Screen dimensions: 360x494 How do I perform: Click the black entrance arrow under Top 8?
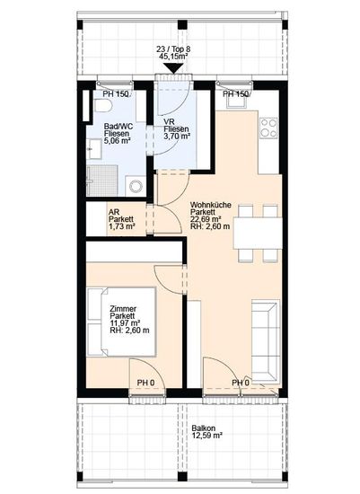[x=173, y=68]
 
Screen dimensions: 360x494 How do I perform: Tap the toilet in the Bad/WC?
[x=102, y=105]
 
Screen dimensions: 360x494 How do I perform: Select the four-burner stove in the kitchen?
[x=268, y=128]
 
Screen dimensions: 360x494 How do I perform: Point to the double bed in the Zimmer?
[x=121, y=322]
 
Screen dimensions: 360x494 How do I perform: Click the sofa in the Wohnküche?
[x=266, y=341]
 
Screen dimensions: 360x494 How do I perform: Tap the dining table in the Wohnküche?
[x=258, y=234]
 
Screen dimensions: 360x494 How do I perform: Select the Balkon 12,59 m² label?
[x=207, y=432]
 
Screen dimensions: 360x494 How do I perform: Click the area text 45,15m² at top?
[x=173, y=56]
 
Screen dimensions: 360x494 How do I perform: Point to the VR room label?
[x=176, y=128]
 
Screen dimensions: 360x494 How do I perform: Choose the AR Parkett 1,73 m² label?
[x=121, y=219]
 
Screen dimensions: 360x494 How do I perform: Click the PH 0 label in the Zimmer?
[x=145, y=383]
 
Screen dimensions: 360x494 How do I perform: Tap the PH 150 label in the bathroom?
[x=116, y=93]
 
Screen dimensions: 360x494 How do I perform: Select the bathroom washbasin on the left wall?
[x=94, y=149]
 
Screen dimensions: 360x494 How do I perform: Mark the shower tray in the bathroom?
[x=102, y=181]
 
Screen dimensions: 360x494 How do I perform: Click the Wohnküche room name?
[x=210, y=205]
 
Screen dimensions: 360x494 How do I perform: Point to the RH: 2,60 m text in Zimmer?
[x=129, y=331]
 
